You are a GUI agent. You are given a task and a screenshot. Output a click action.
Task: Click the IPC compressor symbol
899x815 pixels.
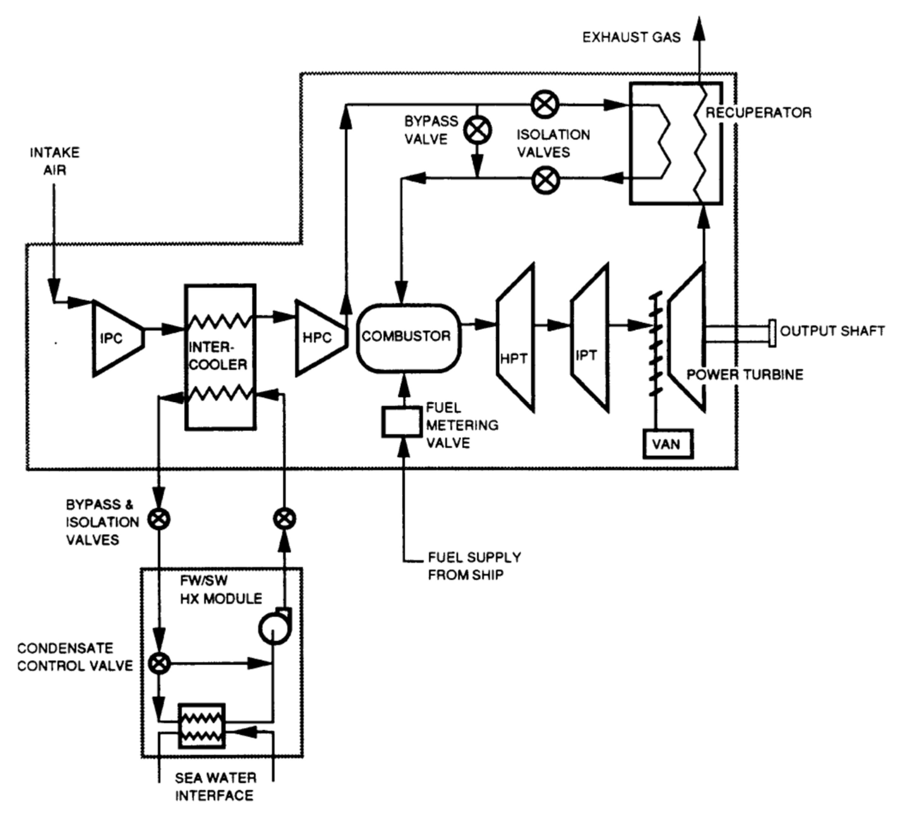pos(114,339)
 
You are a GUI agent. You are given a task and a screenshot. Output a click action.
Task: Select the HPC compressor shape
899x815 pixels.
pos(317,338)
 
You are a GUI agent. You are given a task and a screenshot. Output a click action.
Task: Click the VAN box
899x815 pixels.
pos(667,444)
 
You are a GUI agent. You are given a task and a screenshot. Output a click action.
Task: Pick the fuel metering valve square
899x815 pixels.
pos(401,422)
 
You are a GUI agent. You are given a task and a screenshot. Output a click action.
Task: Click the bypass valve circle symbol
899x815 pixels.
pos(478,130)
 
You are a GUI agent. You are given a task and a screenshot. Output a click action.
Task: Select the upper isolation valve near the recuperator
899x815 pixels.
pos(545,104)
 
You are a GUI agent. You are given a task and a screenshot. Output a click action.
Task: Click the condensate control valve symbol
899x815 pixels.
pos(159,663)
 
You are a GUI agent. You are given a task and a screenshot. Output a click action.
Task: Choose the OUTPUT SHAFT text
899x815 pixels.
pos(832,331)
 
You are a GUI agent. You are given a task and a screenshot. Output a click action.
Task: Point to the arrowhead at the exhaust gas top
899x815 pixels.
pos(699,28)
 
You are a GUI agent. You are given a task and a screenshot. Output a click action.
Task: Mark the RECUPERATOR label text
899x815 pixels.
pos(758,113)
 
